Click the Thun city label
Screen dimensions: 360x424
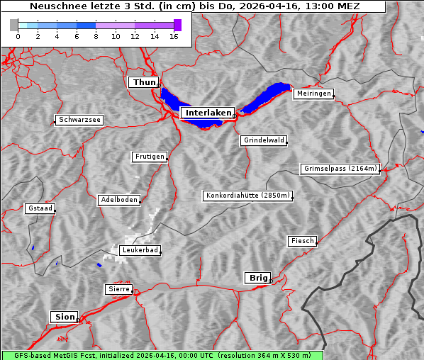[x=144, y=83]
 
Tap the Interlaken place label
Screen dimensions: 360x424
[x=208, y=113]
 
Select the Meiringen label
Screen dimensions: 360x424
[x=313, y=94]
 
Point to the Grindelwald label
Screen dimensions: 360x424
[x=264, y=140]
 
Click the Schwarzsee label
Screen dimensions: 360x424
[x=79, y=120]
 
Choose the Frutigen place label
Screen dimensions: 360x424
[x=149, y=157]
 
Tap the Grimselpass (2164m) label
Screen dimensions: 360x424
[x=340, y=169]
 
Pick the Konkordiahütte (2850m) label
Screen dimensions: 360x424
[x=247, y=196]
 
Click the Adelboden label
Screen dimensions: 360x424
[x=118, y=200]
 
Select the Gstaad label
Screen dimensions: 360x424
[x=40, y=208]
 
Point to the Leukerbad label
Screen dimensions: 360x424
[x=140, y=250]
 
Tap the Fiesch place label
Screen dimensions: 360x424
[x=302, y=241]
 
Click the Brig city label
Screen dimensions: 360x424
[x=257, y=278]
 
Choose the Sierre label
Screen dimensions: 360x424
[x=118, y=289]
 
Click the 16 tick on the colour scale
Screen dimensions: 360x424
[x=173, y=35]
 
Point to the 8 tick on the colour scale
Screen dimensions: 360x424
[x=96, y=35]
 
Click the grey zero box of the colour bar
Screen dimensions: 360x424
[x=14, y=25]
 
